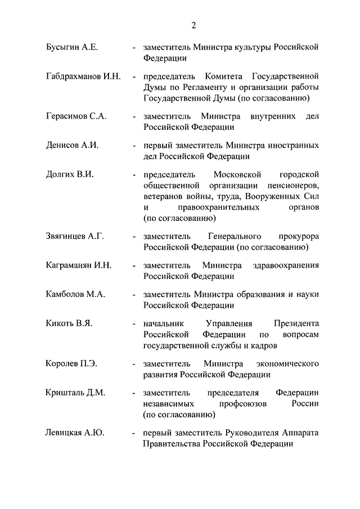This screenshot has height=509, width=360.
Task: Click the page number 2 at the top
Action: [193, 25]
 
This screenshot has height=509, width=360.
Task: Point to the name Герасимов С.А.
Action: [76, 116]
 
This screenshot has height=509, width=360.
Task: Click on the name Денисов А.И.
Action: [73, 145]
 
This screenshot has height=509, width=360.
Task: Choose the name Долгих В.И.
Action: [70, 174]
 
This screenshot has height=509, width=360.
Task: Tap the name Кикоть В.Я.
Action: [69, 323]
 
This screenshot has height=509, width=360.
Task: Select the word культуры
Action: [250, 48]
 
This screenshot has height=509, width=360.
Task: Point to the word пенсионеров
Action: [292, 185]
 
